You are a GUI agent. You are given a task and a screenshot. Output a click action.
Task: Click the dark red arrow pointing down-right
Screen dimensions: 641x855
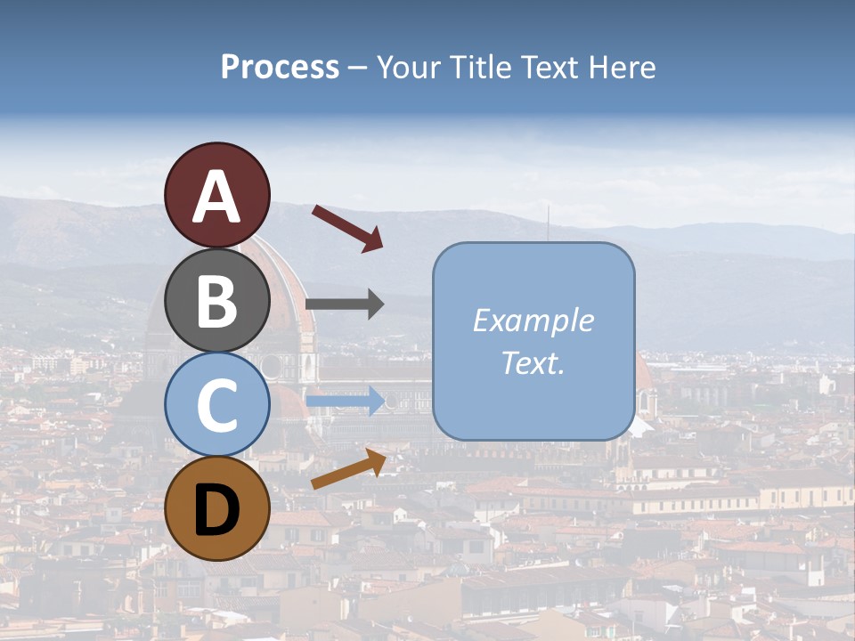click(347, 227)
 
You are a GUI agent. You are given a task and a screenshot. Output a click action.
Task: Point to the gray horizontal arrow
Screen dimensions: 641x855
click(345, 304)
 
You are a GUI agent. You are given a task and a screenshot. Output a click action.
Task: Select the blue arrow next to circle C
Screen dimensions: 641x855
click(345, 401)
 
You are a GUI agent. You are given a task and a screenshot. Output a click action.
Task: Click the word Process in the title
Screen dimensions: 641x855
click(280, 68)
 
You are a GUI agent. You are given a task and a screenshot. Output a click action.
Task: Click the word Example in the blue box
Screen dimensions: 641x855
click(533, 320)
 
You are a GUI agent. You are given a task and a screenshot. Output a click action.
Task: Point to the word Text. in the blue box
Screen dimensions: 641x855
click(533, 362)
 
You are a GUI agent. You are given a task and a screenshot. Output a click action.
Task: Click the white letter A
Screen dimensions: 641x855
click(217, 198)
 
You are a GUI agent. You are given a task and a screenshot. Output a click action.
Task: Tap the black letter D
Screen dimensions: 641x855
click(217, 511)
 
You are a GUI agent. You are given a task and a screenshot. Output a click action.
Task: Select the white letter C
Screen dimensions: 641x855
click(217, 406)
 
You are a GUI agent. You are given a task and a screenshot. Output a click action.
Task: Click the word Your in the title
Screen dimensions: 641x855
click(409, 68)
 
